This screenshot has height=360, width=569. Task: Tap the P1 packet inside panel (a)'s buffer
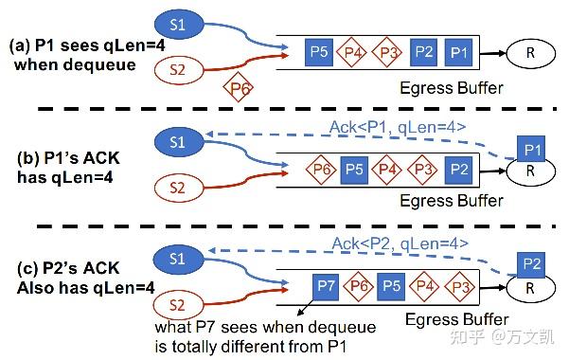(457, 51)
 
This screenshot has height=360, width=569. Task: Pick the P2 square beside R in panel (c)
(533, 264)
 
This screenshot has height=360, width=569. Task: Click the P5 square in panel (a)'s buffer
(319, 51)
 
